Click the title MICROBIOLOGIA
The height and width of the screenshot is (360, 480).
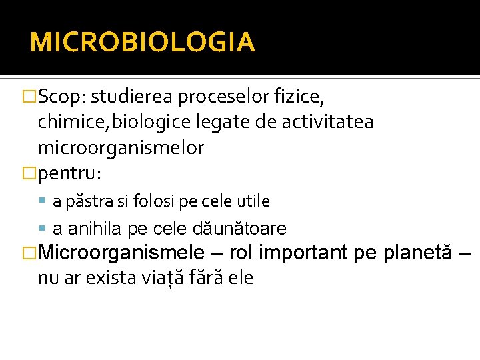point(142,42)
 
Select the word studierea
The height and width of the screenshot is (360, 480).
point(131,97)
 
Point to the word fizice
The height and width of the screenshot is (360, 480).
point(300,97)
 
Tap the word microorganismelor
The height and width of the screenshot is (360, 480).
point(121,147)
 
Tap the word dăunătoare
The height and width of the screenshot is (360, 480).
point(239,229)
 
